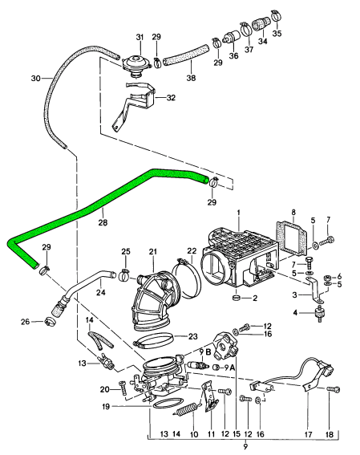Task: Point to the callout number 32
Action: (x=171, y=99)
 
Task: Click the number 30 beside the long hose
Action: (x=34, y=79)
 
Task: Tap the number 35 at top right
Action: (x=277, y=35)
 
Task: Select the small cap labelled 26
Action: (x=48, y=322)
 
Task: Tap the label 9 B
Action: (x=204, y=351)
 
